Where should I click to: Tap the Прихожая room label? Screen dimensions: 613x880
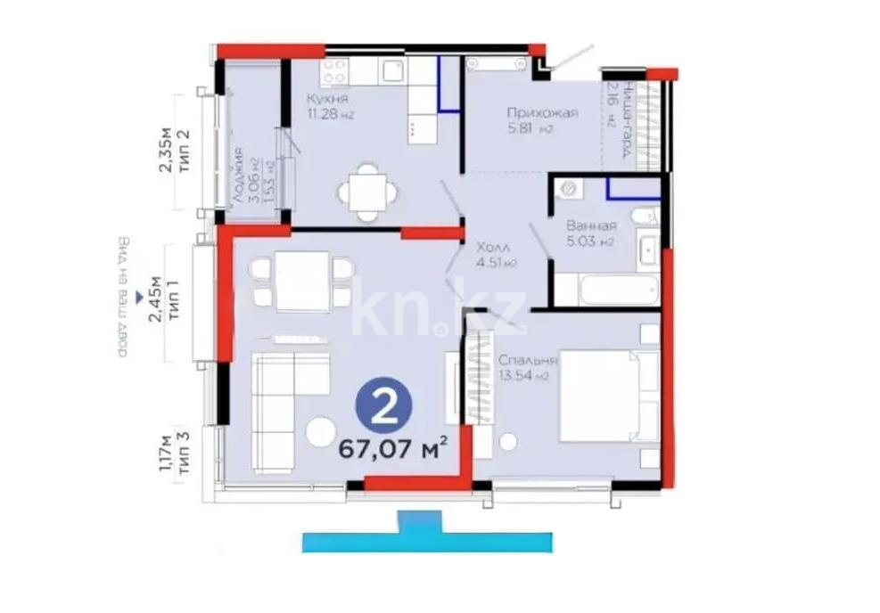542,113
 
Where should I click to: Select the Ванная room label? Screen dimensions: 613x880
590,226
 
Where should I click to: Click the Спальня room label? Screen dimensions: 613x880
529,361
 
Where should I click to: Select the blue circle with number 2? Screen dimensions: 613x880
385,408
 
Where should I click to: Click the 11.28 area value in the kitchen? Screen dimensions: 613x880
321,113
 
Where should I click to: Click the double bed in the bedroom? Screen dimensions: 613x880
603,396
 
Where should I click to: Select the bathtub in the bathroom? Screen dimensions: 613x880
606,290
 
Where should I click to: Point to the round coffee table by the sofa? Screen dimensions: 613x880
320,432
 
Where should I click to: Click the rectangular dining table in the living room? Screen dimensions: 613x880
302,281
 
